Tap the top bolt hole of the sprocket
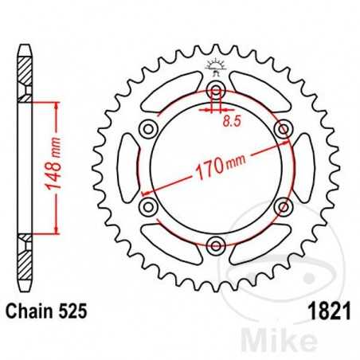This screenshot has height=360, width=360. [215, 89]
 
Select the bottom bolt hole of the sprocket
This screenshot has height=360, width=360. [215, 245]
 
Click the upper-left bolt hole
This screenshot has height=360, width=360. [147, 128]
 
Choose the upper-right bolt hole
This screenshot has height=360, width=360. [282, 128]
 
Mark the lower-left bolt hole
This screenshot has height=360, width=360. [147, 206]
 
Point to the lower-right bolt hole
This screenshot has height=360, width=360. [282, 206]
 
